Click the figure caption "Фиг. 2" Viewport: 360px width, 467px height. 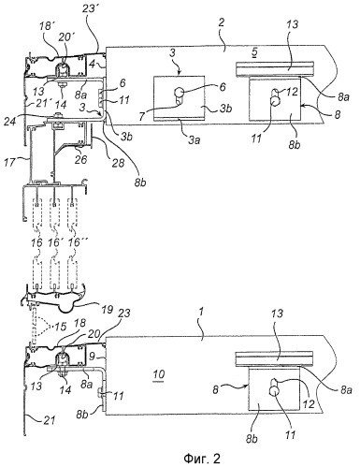pos(202,459)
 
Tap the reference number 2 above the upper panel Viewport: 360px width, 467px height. pos(222,22)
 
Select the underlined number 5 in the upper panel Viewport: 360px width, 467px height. pos(254,52)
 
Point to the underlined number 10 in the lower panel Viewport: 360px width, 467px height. pos(159,374)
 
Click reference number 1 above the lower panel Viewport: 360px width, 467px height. pos(202,313)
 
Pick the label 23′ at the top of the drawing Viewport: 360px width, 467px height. pos(89,8)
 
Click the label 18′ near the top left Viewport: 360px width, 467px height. pos(46,26)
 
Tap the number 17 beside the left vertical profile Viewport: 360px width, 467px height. pos(10,163)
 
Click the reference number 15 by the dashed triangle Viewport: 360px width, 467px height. pos(61,327)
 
